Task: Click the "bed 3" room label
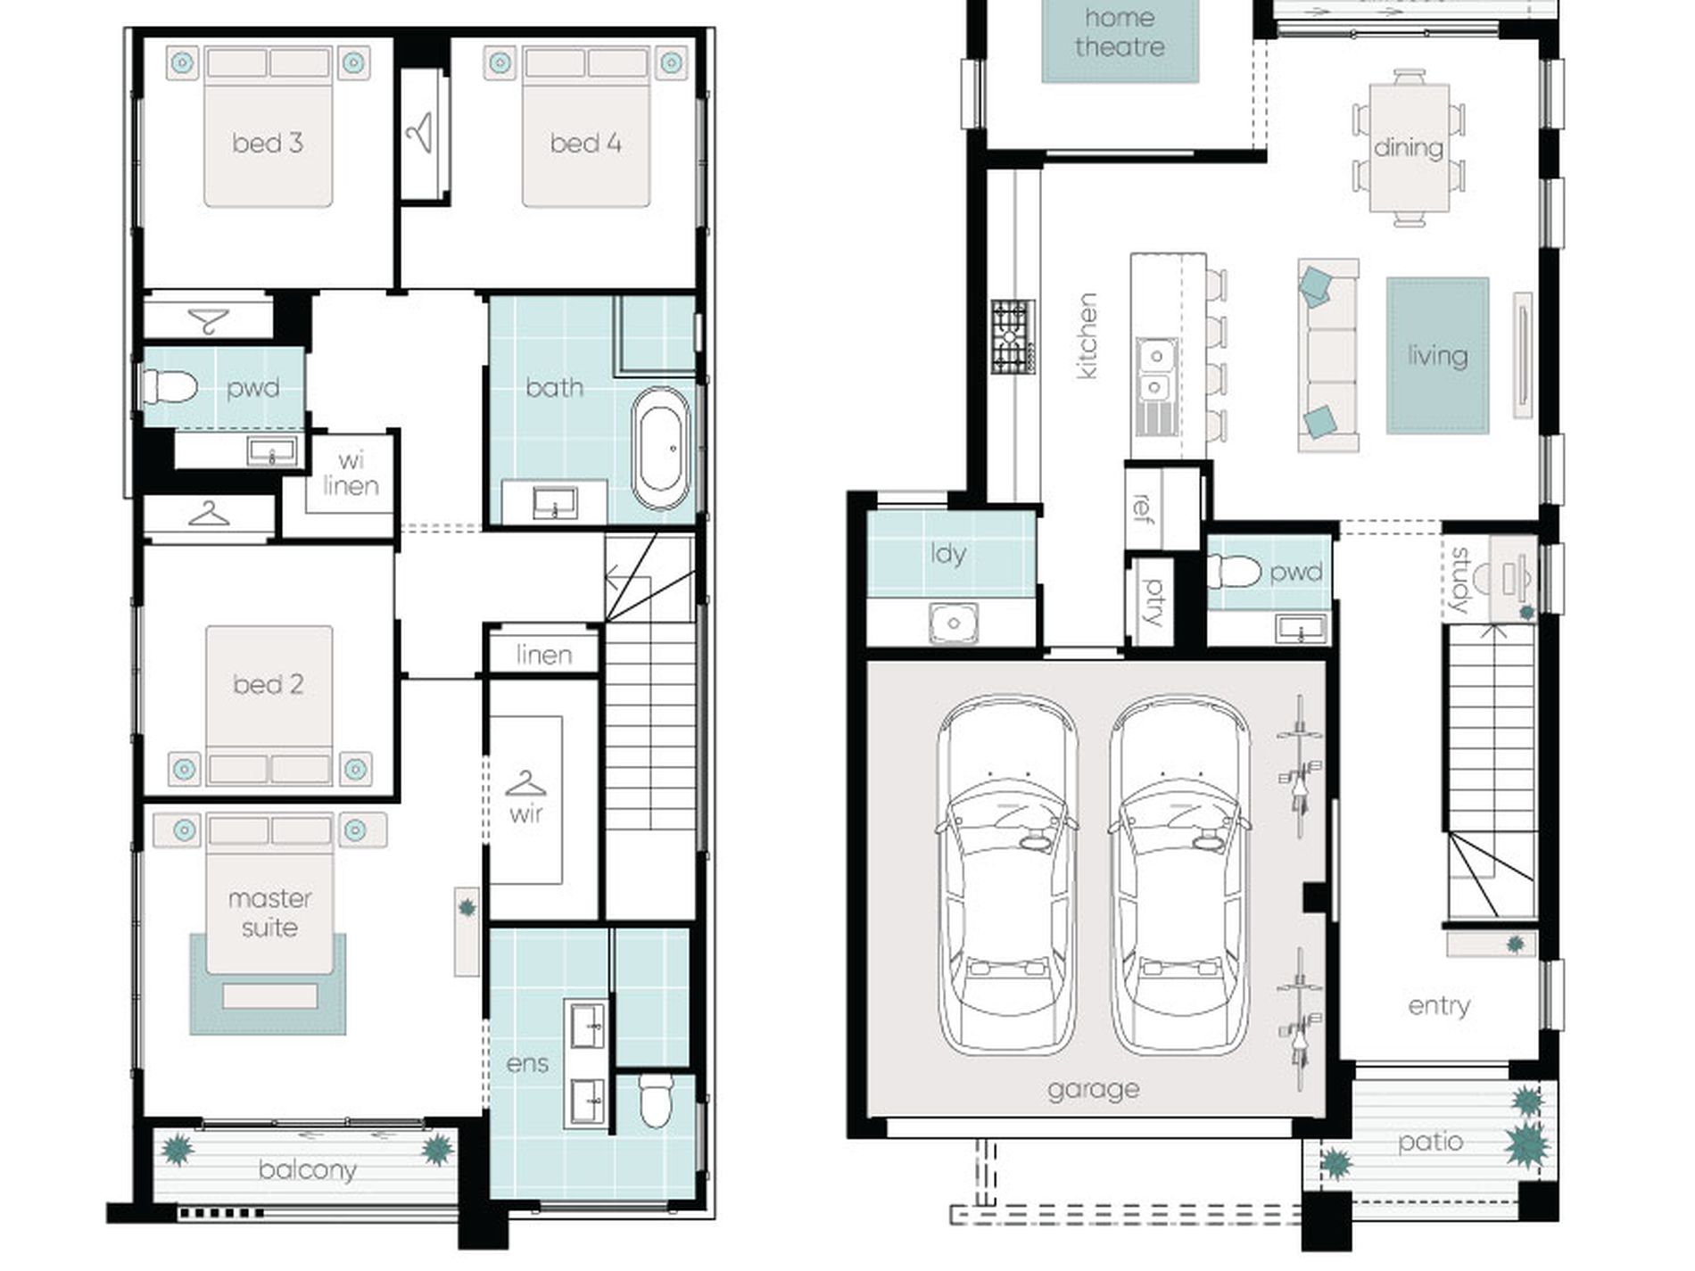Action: point(268,143)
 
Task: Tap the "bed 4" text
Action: point(585,143)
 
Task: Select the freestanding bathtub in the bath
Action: point(660,448)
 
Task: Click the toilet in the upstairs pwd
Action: point(169,388)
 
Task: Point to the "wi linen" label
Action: point(351,474)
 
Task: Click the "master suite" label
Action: point(269,912)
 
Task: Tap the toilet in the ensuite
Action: point(657,1101)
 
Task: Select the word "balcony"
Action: point(308,1169)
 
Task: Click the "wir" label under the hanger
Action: point(526,813)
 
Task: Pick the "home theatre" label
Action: point(1120,32)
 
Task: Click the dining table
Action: point(1410,147)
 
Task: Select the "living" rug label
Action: point(1437,356)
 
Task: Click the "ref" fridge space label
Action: point(1142,508)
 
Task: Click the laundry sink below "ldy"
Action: point(954,623)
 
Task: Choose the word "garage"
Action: point(1093,1090)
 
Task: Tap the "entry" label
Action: point(1439,1006)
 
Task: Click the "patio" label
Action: point(1430,1143)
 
